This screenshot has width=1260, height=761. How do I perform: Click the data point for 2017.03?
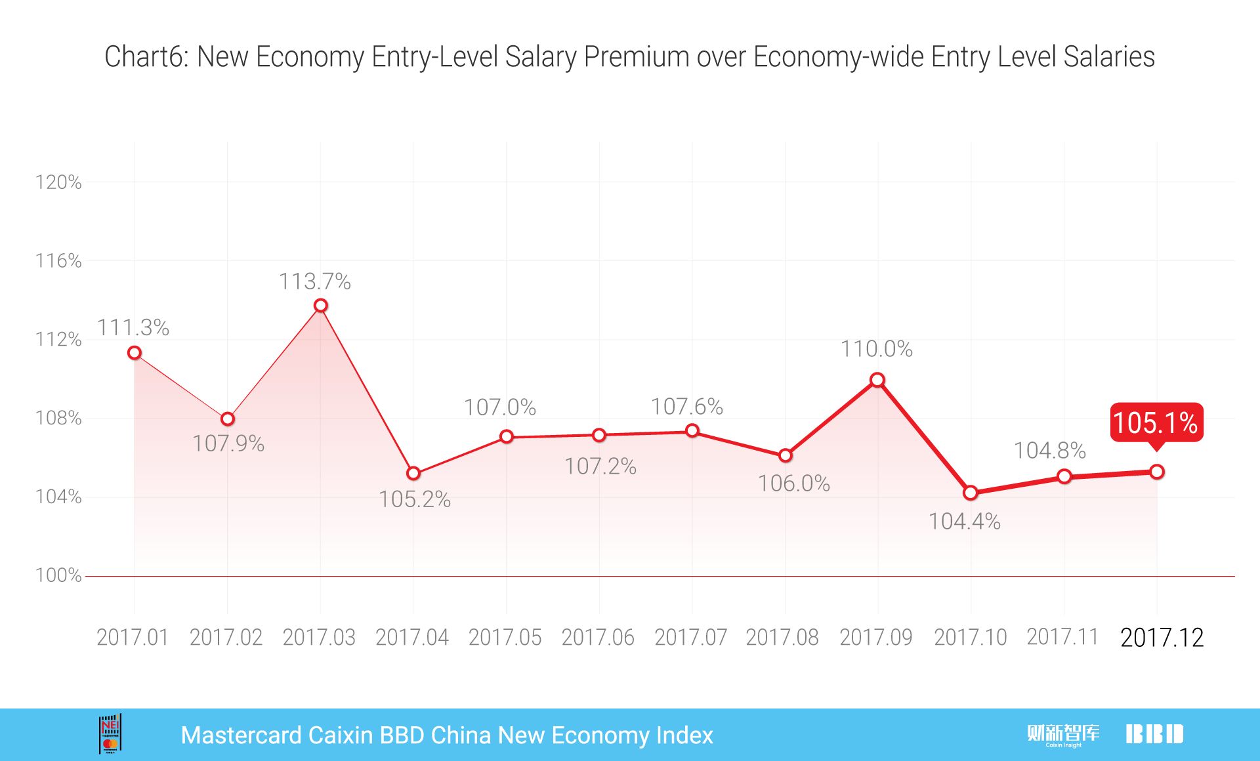coord(320,306)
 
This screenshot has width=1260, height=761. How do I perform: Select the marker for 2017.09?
coord(877,380)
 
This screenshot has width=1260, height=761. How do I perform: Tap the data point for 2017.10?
coord(971,493)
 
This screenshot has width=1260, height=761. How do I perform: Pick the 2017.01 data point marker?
coord(135,353)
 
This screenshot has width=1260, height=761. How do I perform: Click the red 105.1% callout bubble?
coord(1156,422)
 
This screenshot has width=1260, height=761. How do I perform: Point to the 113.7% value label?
coord(315,281)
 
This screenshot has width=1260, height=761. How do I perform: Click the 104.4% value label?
coord(964,522)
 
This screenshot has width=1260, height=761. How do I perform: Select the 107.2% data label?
coord(600,466)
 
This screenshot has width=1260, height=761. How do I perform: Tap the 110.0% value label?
coord(877,349)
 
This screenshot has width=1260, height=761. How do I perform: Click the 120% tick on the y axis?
coord(58,182)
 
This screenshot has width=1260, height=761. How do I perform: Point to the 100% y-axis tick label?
coord(58,575)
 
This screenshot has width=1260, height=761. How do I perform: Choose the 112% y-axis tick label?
coord(58,339)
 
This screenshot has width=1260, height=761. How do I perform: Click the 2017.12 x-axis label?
coord(1162,638)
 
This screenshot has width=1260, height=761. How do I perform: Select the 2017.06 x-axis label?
coord(598,638)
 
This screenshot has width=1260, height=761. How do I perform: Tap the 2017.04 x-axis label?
coord(412,638)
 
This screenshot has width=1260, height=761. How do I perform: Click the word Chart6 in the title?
coord(146,57)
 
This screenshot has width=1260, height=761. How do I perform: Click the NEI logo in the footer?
coord(110,734)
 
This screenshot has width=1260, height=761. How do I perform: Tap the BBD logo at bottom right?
coord(1154,734)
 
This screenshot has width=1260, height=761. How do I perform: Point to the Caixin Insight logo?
coord(1063,735)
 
